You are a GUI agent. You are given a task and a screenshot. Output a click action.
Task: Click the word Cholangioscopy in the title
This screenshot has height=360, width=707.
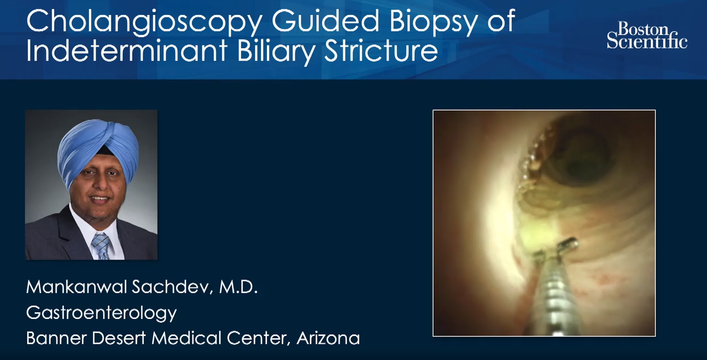(144, 22)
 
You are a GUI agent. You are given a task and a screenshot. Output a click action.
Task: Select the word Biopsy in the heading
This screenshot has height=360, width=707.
(432, 22)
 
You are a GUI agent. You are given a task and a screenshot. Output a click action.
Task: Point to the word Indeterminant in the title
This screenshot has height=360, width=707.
(127, 50)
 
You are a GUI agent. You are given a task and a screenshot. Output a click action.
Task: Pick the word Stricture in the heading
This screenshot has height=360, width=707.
(381, 50)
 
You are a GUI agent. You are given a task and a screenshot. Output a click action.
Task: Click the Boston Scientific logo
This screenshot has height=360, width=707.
(647, 36)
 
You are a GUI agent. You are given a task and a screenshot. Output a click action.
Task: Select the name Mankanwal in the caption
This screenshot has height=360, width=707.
(77, 287)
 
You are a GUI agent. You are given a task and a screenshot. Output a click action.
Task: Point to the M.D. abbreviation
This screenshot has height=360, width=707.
(238, 287)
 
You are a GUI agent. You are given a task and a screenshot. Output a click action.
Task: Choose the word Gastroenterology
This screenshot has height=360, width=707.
(102, 313)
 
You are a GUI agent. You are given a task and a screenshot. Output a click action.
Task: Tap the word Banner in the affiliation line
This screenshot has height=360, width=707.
(56, 338)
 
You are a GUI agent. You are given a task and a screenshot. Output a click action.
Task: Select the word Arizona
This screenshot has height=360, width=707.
(329, 338)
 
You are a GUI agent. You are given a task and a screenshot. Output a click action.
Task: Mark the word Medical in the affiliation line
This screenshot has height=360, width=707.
(186, 338)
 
